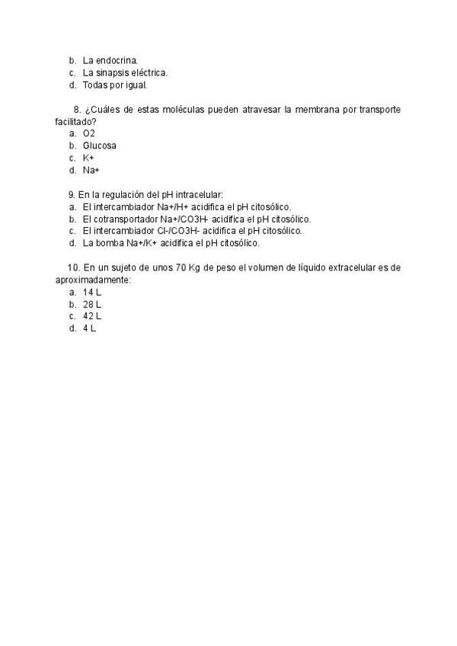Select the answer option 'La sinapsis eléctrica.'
click(125, 72)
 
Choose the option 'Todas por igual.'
click(114, 85)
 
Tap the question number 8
click(77, 110)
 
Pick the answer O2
click(89, 133)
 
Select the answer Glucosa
click(100, 146)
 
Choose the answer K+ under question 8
click(88, 158)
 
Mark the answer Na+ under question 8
click(91, 170)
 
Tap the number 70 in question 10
click(181, 268)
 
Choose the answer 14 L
click(92, 292)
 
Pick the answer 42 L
click(92, 316)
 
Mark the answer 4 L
click(90, 328)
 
